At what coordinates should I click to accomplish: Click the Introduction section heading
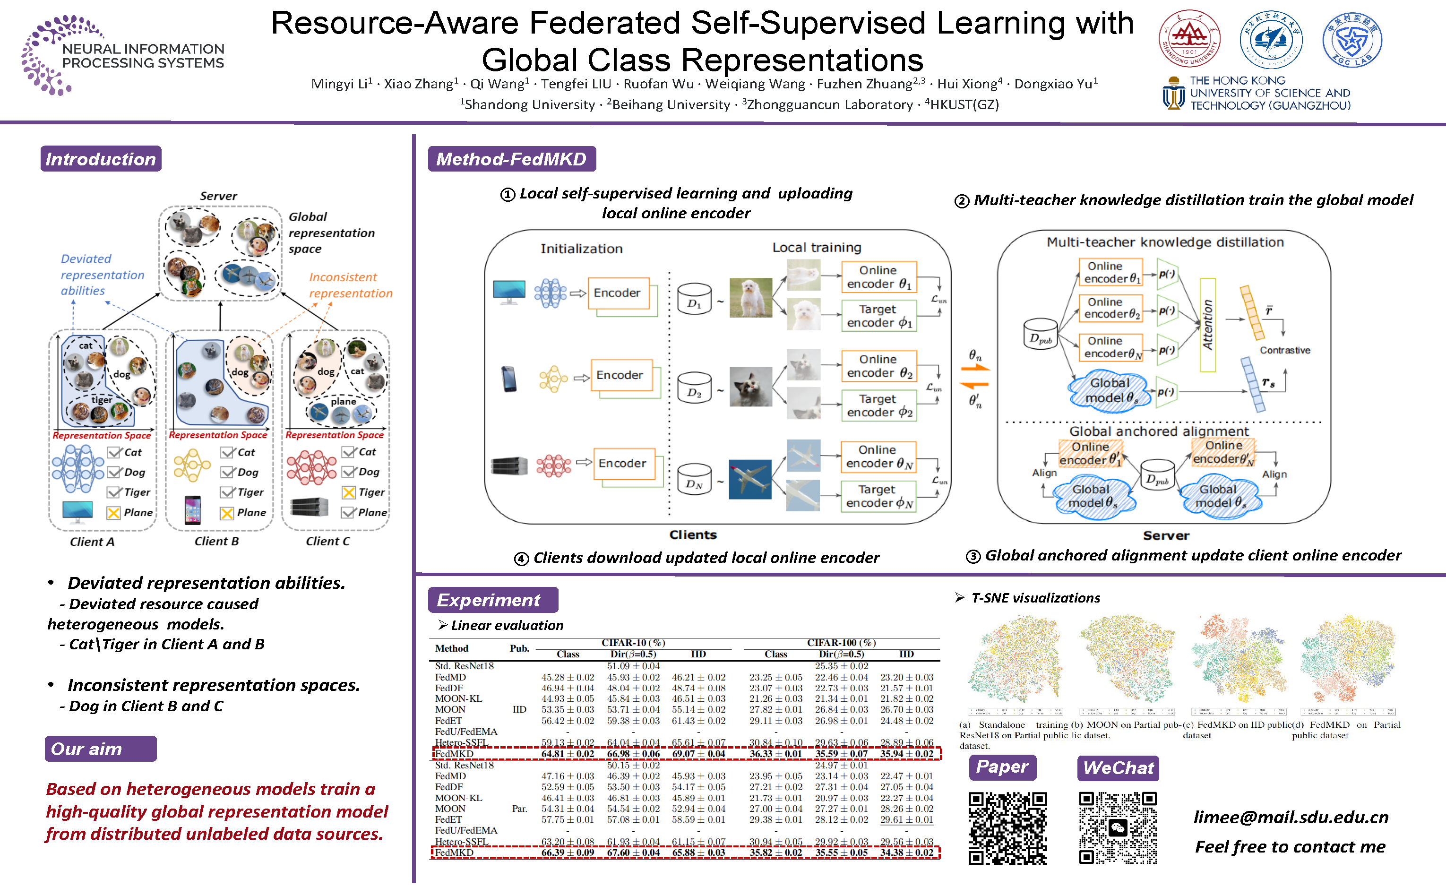pos(101,159)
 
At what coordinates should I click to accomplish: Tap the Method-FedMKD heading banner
pos(511,159)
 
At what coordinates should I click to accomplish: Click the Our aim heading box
pos(100,749)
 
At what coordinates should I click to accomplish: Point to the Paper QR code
pos(1007,828)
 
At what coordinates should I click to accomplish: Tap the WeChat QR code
pos(1117,828)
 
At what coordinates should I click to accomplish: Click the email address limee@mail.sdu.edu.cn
pos(1290,817)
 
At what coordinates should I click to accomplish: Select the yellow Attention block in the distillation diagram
pos(1207,325)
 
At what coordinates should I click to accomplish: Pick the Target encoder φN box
pos(878,496)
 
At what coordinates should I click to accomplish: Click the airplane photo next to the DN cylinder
pos(750,479)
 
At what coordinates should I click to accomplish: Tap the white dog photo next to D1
pos(750,297)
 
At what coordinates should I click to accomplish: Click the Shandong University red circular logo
pos(1189,39)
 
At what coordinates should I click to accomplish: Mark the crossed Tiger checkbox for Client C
pos(349,492)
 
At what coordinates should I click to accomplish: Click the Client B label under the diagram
pos(216,541)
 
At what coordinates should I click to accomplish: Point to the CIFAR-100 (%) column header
pos(841,642)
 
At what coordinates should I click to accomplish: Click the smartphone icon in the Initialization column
pos(509,379)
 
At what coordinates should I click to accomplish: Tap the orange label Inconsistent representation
pos(350,285)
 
